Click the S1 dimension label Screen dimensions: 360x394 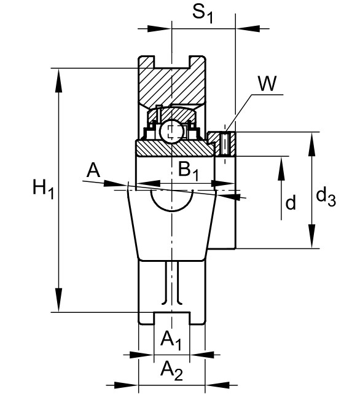click(x=203, y=14)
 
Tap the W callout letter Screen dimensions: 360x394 click(x=267, y=83)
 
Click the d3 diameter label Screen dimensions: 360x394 click(x=326, y=197)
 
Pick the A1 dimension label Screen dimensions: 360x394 click(x=171, y=341)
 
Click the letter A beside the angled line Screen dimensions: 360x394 click(x=93, y=170)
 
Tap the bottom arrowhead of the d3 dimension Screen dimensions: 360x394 click(x=312, y=237)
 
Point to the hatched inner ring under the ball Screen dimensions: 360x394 click(x=175, y=149)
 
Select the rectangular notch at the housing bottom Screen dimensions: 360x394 click(x=172, y=318)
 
